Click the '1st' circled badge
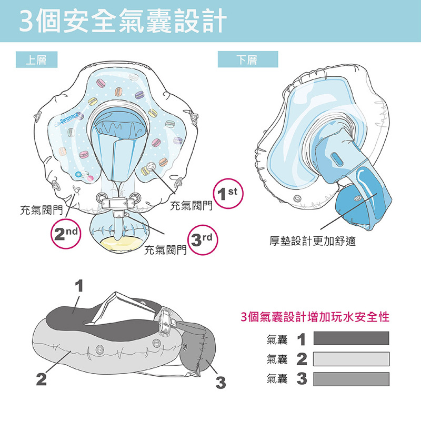[x=228, y=193]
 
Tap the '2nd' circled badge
[x=66, y=234]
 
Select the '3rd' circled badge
[x=203, y=240]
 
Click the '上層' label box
[x=36, y=59]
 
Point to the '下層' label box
[x=248, y=59]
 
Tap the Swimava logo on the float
[x=67, y=119]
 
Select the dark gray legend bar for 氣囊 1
[x=351, y=338]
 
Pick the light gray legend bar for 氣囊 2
[x=351, y=359]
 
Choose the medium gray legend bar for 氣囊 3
[x=351, y=379]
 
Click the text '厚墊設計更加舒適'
[x=313, y=241]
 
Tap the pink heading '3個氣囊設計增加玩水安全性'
[x=315, y=317]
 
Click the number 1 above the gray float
[x=79, y=286]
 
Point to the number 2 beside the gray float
[x=42, y=379]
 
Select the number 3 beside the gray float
[x=220, y=383]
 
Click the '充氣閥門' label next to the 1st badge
[x=191, y=206]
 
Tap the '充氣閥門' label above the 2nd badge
[x=42, y=210]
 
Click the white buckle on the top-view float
[x=118, y=203]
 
